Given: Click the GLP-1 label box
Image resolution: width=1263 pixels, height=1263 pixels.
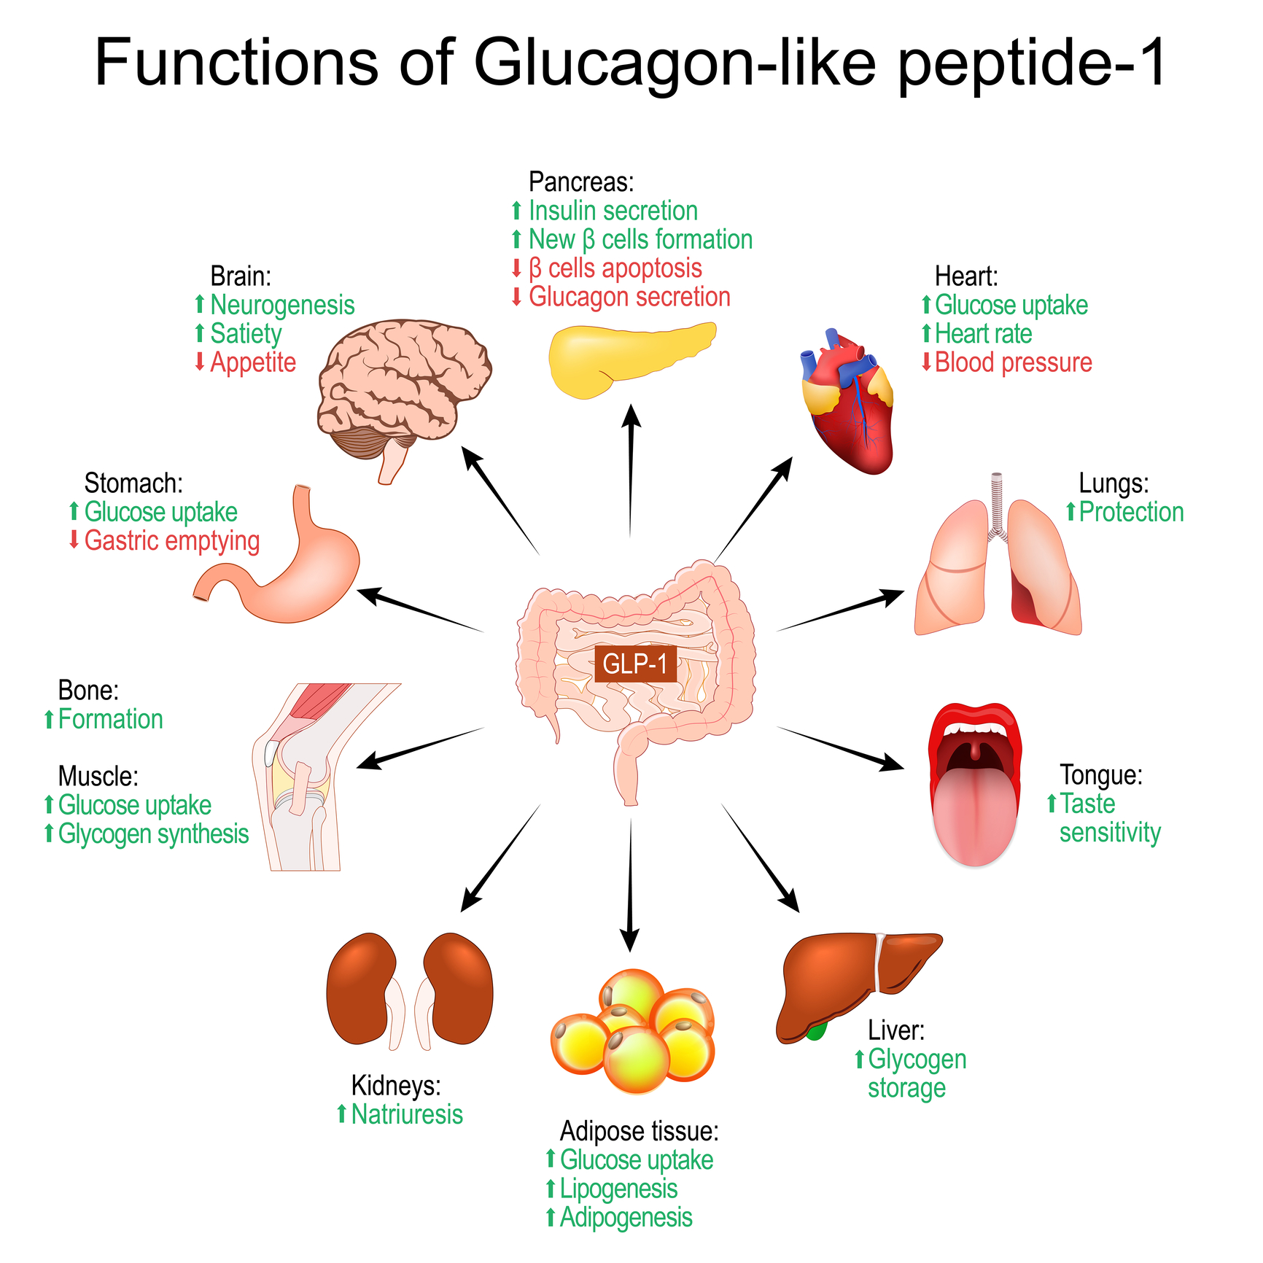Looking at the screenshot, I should tap(635, 664).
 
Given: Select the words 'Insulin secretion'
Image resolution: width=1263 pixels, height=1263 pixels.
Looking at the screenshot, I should tap(613, 211).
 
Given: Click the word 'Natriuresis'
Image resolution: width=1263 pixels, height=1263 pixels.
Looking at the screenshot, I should tap(407, 1114).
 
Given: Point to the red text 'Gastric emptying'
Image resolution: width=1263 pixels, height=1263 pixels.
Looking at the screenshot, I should tap(172, 541).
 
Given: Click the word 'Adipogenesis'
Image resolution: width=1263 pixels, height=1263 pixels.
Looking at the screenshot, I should tap(626, 1217).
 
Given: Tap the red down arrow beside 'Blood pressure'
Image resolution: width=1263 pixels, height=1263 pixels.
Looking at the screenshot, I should tap(926, 362).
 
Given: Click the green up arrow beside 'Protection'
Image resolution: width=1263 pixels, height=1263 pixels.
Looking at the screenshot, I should tap(1070, 512).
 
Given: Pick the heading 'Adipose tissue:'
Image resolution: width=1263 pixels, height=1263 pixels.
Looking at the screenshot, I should tap(639, 1131).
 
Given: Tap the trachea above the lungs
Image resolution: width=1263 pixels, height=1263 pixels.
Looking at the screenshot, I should tap(997, 503).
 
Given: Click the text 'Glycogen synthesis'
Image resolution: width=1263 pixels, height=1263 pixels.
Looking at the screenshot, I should tap(153, 833).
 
